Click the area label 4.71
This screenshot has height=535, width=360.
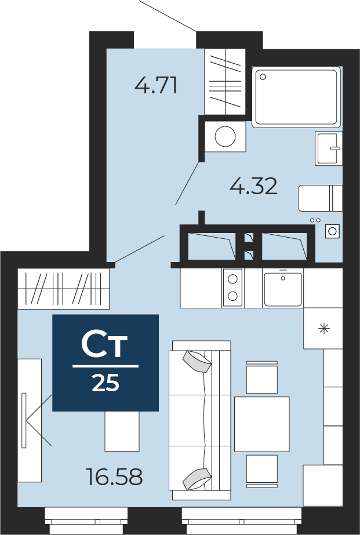pyautogui.click(x=155, y=86)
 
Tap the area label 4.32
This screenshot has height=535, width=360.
pyautogui.click(x=253, y=186)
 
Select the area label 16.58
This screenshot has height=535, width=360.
pyautogui.click(x=114, y=478)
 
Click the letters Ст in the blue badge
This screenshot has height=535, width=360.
pyautogui.click(x=105, y=345)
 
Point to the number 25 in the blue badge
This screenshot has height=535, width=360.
pyautogui.click(x=106, y=383)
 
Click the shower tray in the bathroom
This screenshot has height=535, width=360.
pyautogui.click(x=296, y=97)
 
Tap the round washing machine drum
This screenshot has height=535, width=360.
pyautogui.click(x=225, y=137)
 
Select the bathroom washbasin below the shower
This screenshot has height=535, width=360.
pyautogui.click(x=328, y=148)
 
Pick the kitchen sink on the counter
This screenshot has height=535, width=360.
pyautogui.click(x=283, y=288)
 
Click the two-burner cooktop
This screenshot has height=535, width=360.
pyautogui.click(x=232, y=287)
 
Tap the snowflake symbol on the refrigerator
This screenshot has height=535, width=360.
pyautogui.click(x=323, y=328)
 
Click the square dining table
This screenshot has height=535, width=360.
pyautogui.click(x=261, y=424)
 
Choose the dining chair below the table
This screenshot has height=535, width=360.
pyautogui.click(x=261, y=470)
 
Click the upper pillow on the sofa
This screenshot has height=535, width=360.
pyautogui.click(x=197, y=362)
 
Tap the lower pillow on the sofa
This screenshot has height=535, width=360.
pyautogui.click(x=197, y=478)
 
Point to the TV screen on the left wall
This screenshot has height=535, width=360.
pyautogui.click(x=24, y=420)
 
